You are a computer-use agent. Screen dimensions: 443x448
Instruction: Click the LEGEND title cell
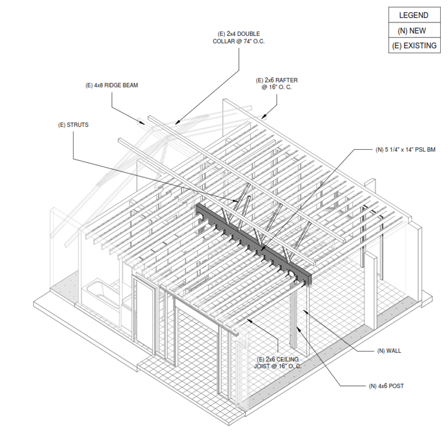(413, 15)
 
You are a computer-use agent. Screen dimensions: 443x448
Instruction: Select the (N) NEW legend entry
(413, 30)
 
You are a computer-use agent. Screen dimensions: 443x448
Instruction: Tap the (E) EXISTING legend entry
(413, 45)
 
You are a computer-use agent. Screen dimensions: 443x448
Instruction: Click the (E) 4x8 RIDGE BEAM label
(112, 86)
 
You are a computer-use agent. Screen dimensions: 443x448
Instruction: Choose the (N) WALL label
(389, 351)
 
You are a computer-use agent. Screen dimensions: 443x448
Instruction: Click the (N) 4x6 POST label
(386, 386)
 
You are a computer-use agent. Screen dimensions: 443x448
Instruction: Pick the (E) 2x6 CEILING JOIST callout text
(278, 362)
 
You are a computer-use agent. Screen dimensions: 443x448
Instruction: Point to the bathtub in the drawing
(101, 294)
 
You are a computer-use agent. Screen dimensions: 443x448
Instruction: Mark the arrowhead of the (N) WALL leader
(304, 310)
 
